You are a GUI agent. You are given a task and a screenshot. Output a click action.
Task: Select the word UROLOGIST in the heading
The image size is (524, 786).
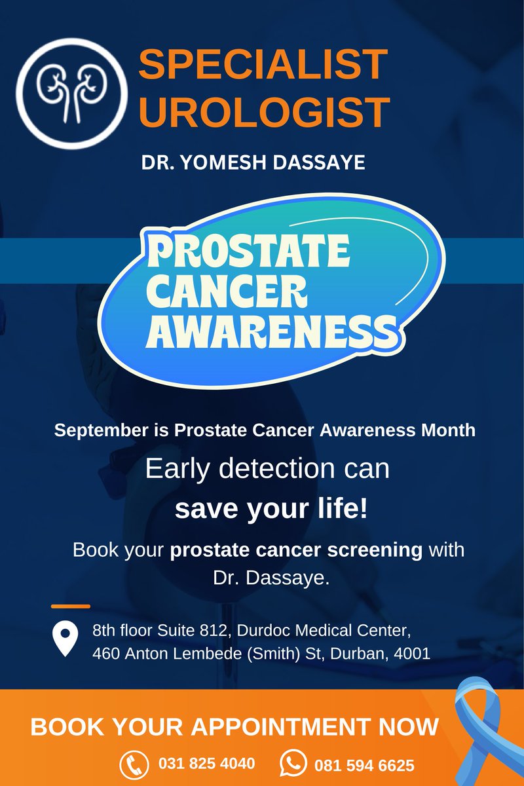[265, 111]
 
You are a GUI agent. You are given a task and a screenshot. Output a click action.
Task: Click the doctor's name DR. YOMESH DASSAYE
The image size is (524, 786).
[253, 163]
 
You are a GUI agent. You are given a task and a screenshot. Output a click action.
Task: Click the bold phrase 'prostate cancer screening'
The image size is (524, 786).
[296, 550]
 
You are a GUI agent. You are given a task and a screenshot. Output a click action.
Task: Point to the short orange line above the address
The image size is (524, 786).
[70, 607]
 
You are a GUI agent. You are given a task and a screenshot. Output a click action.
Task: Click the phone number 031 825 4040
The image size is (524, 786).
[206, 764]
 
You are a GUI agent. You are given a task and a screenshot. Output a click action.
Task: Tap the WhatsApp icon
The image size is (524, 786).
[292, 764]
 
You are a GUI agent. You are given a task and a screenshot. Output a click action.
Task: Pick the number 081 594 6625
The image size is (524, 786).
[364, 765]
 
